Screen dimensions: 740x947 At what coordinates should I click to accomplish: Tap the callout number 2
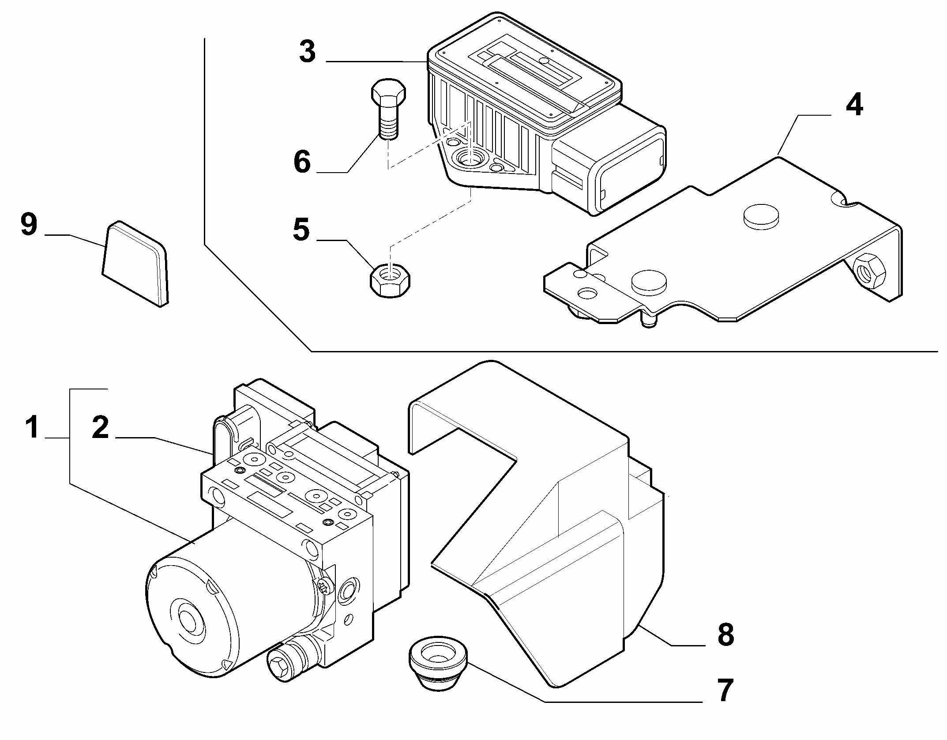(x=100, y=427)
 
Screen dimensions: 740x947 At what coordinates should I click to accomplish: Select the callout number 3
(x=307, y=52)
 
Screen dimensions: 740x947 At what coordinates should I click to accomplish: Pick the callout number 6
(x=302, y=162)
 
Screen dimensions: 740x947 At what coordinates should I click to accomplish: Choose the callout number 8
(x=725, y=635)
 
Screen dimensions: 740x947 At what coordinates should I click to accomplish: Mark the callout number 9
(x=29, y=225)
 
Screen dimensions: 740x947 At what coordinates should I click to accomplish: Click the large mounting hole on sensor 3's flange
(x=470, y=158)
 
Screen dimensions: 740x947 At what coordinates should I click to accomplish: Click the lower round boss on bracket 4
(x=649, y=281)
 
